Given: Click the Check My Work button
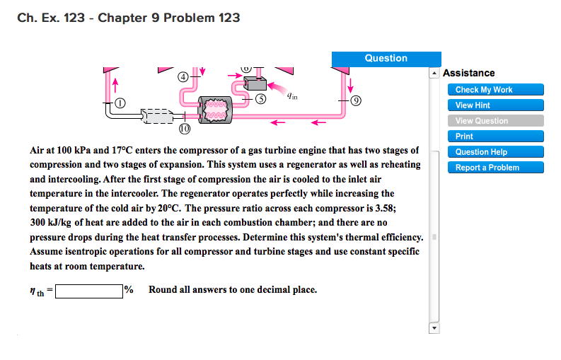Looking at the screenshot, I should click(495, 90).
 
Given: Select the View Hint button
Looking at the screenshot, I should click(495, 105).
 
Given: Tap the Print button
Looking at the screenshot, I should click(495, 137).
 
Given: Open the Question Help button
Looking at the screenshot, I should click(495, 152).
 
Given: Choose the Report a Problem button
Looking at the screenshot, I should click(495, 168).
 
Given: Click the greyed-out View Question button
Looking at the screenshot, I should click(495, 121).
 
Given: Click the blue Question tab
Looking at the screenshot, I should click(386, 59).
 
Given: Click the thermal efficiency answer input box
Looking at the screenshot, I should click(89, 291).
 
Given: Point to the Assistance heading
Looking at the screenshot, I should click(468, 73).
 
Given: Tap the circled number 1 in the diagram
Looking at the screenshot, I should click(120, 103).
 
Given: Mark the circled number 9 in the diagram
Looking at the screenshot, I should click(355, 99).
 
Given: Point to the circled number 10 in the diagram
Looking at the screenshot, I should click(184, 129).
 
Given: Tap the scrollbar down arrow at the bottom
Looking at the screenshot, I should click(435, 328).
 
